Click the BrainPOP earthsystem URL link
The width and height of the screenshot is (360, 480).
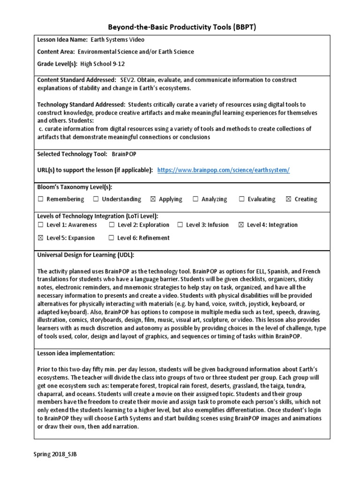click(x=224, y=170)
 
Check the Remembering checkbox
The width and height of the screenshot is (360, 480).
click(x=41, y=199)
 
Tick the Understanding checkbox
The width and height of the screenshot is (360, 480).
click(x=96, y=199)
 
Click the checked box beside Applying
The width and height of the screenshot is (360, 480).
click(x=153, y=199)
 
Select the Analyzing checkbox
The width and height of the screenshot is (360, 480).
click(x=195, y=199)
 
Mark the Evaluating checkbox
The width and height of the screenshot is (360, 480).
click(x=242, y=199)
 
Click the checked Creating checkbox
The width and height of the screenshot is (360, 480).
click(x=289, y=199)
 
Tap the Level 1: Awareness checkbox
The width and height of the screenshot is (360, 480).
click(x=41, y=225)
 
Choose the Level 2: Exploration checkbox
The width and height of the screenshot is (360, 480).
click(x=112, y=225)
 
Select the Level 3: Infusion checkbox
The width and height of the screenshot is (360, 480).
click(x=180, y=225)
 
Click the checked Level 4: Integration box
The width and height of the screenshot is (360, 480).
click(x=241, y=225)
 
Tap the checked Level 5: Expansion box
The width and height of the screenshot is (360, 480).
click(x=41, y=238)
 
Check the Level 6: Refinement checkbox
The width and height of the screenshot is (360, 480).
click(x=112, y=238)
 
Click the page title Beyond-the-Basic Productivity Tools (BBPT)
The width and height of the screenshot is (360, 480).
click(x=181, y=28)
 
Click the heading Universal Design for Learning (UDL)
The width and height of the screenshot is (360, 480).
click(x=86, y=255)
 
